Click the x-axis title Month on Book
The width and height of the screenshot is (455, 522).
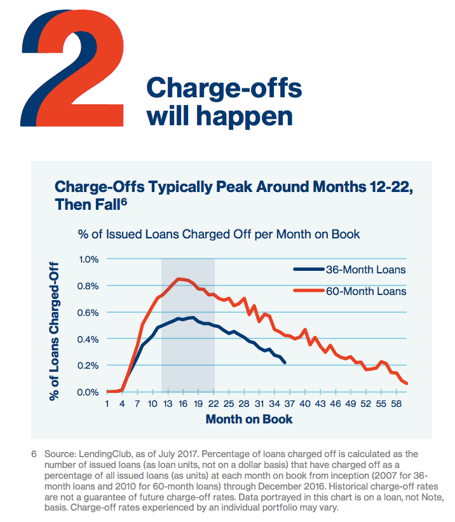pos(249,419)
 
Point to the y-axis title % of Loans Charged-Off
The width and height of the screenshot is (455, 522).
pos(55,331)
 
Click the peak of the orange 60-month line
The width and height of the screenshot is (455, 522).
pos(179,278)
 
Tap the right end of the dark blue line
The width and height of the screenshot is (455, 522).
pos(285,362)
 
